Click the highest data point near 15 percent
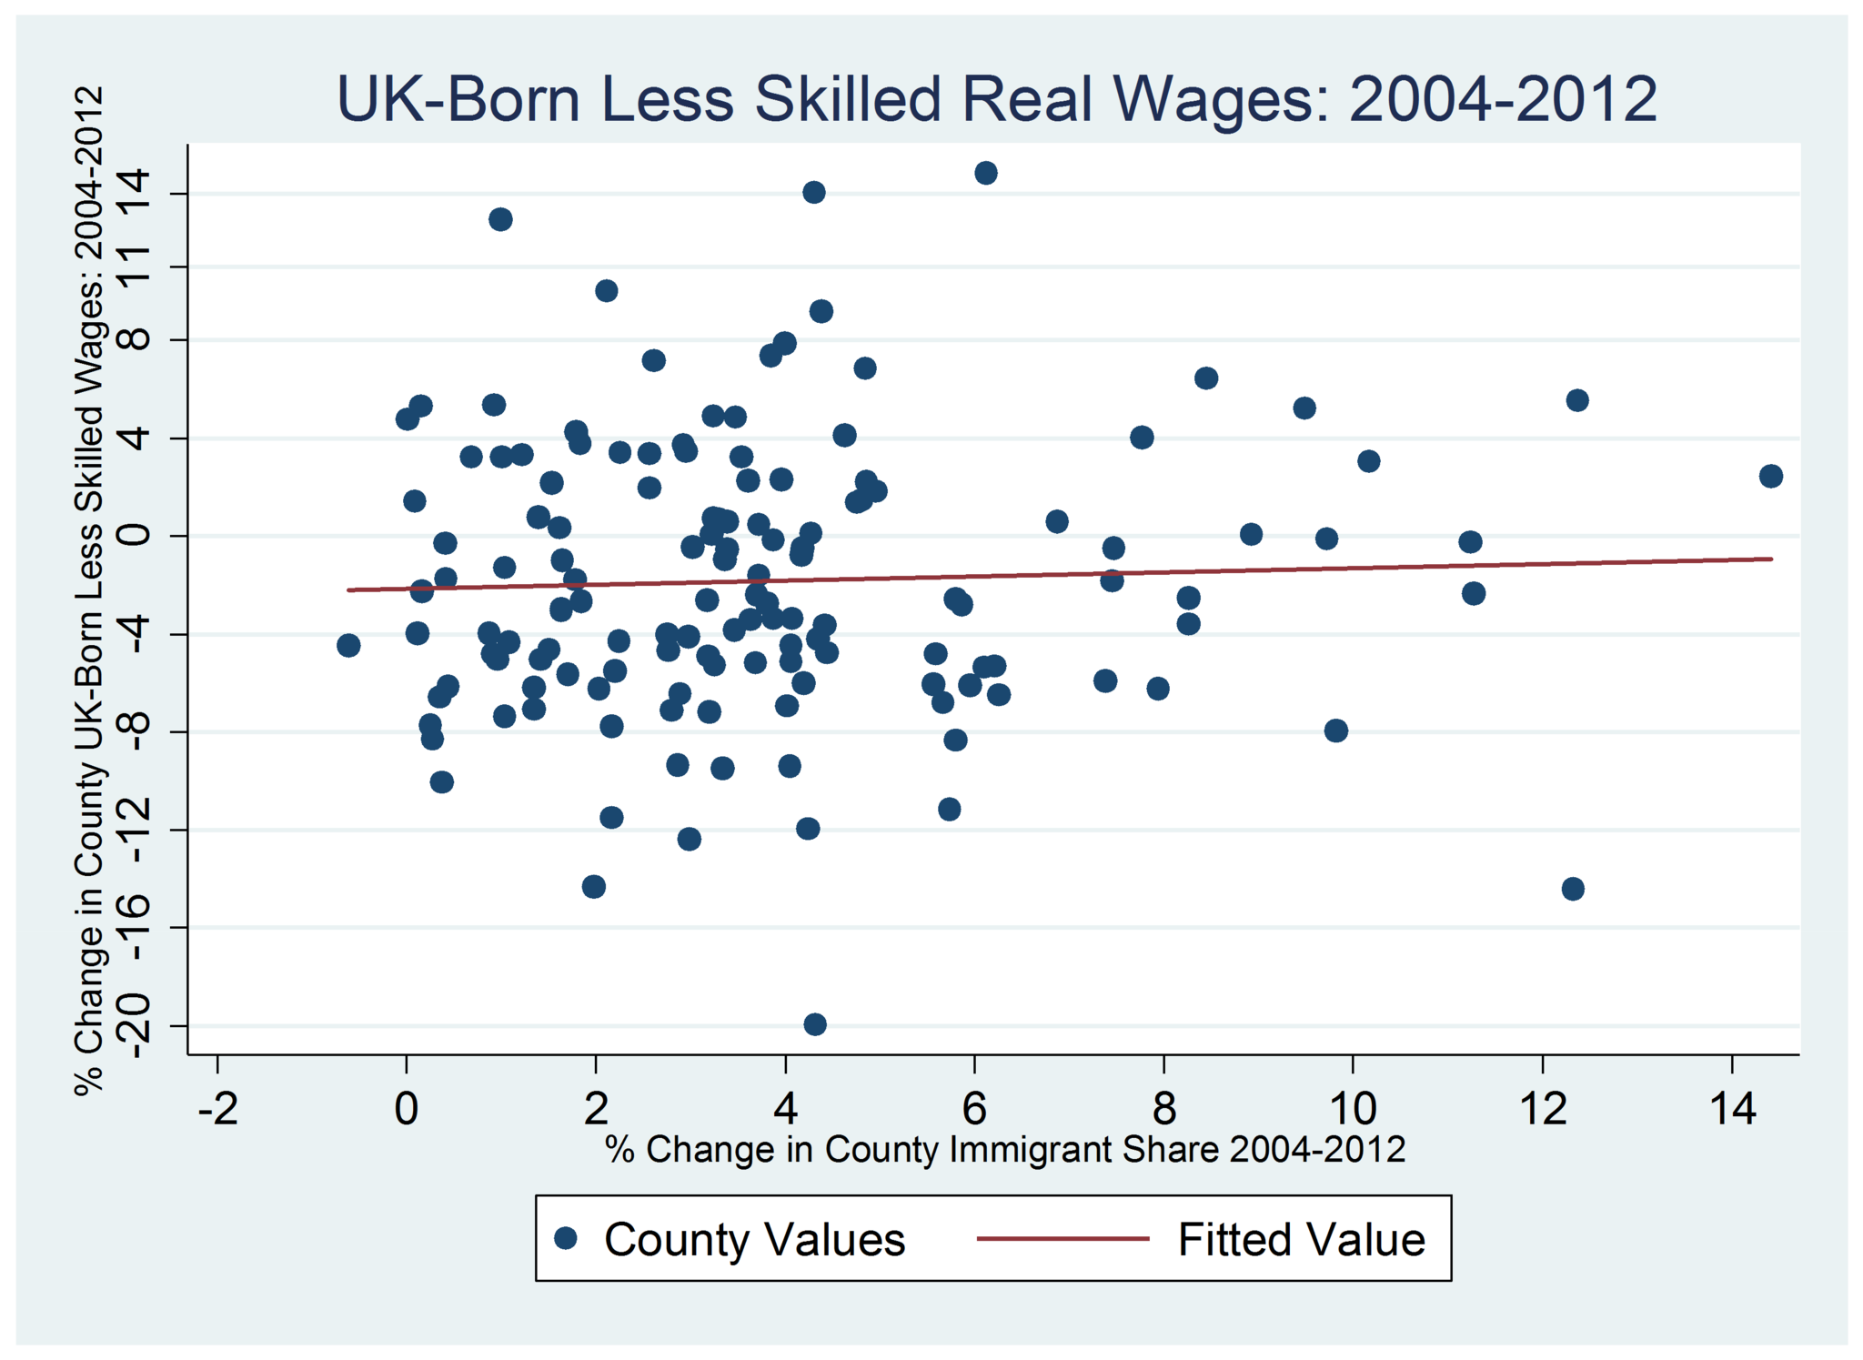985,173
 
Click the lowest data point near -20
815,1024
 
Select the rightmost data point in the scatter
1770,476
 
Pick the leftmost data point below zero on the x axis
348,645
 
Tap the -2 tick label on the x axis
217,1109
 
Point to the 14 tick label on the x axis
1732,1109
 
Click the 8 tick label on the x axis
1163,1109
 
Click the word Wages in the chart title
1242,98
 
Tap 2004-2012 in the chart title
1503,98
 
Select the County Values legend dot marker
567,1238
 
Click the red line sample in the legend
1062,1238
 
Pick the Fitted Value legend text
1301,1239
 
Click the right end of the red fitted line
1770,559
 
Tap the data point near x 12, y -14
1573,889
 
